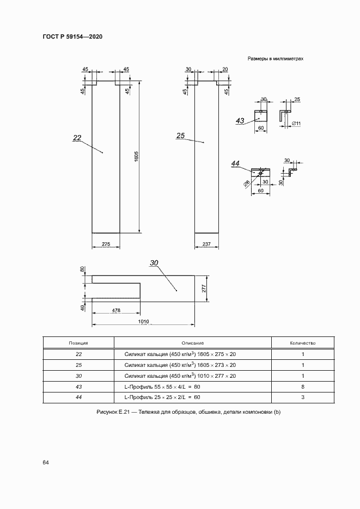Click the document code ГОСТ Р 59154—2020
pos(73,36)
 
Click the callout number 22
pos(77,138)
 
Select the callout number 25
pos(180,136)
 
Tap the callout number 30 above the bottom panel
pos(154,263)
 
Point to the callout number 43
pos(240,121)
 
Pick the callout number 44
pos(235,164)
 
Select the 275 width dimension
pos(106,244)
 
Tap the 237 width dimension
pos(206,244)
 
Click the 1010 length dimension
pos(143,322)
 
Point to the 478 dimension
pos(116,310)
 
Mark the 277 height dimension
pos(204,289)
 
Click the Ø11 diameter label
pos(296,124)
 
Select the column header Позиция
pos(78,343)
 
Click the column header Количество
pos(303,343)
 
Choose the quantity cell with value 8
pos(303,387)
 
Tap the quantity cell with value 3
pos(303,397)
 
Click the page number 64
pos(46,463)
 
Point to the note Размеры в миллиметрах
pos(276,59)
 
